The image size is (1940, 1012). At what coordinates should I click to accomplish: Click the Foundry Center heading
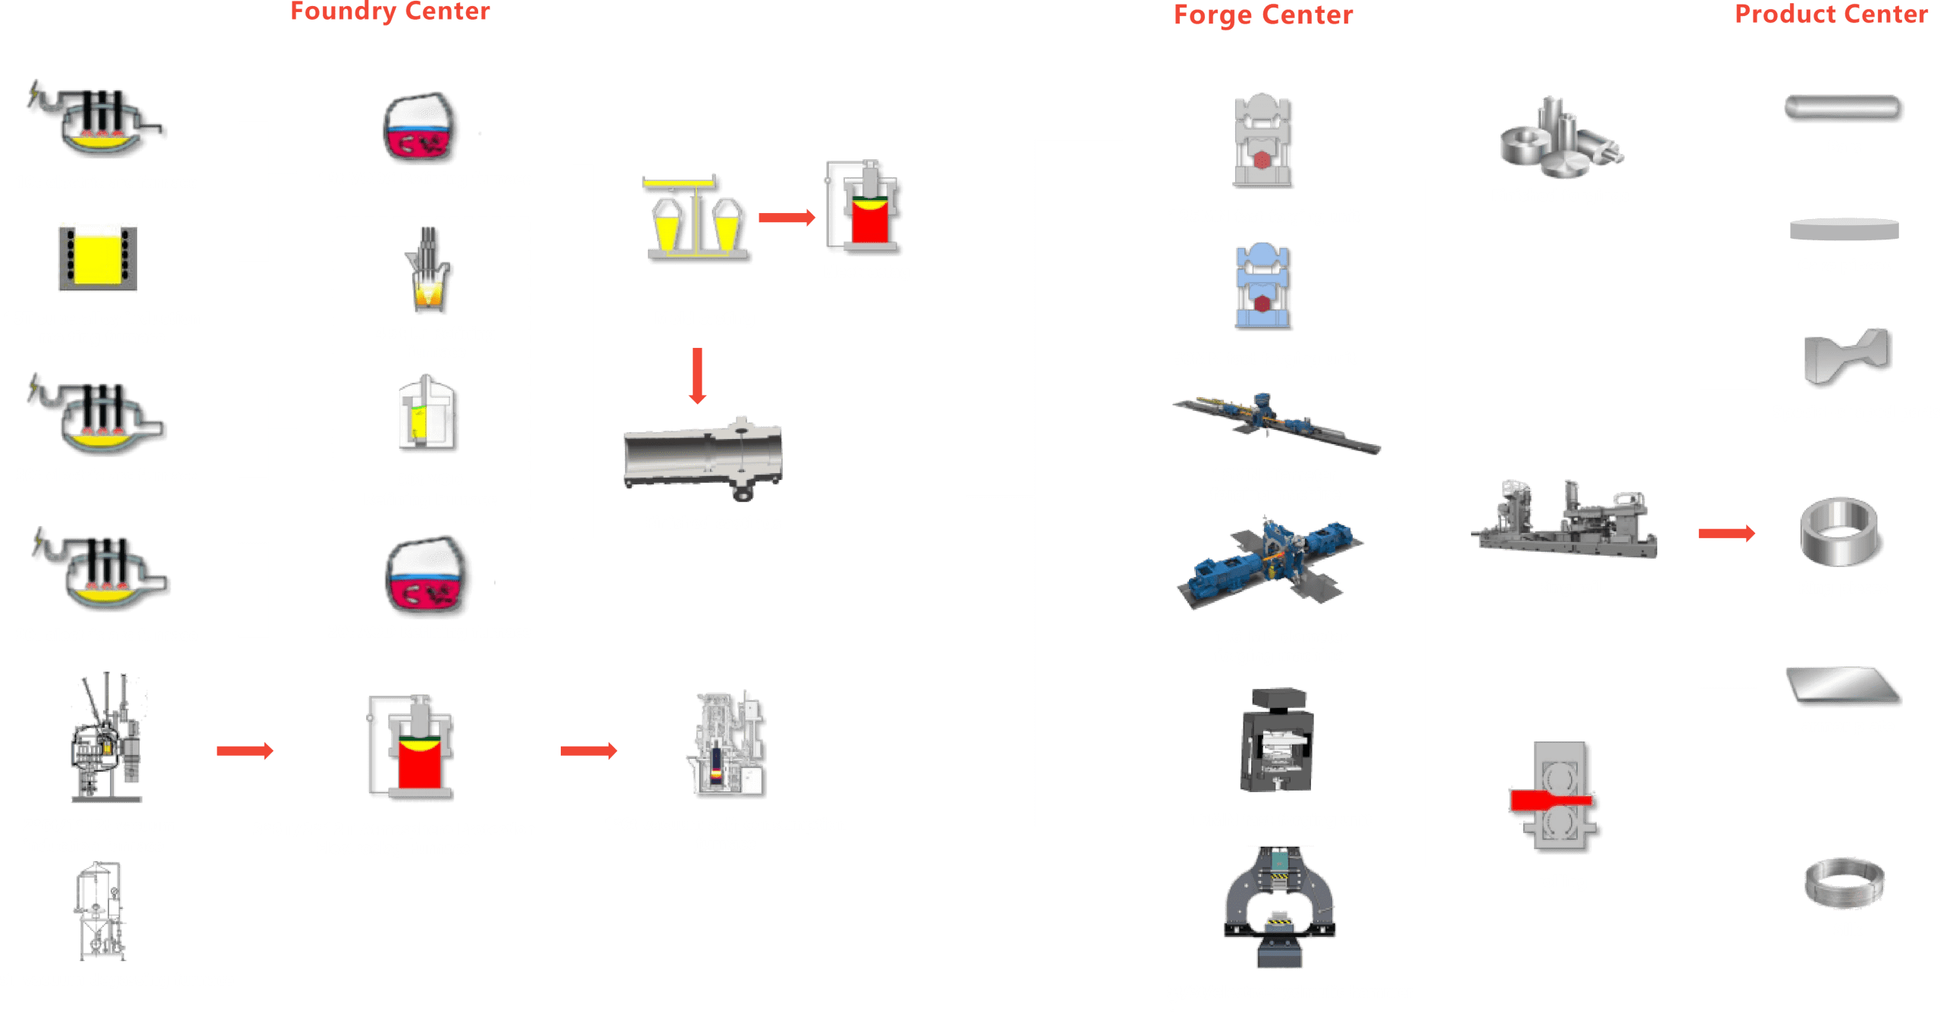(x=390, y=11)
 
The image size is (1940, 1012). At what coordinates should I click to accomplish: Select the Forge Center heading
(x=1263, y=15)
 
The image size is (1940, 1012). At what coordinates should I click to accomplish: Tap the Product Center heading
(x=1831, y=14)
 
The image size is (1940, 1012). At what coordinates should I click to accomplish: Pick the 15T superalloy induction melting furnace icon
(x=98, y=257)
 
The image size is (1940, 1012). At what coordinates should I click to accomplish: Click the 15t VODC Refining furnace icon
(x=421, y=129)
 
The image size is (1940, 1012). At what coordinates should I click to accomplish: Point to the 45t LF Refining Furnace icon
(x=429, y=271)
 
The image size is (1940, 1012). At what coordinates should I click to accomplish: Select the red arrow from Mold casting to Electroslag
(x=787, y=218)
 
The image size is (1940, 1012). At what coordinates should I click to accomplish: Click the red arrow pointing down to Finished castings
(x=698, y=375)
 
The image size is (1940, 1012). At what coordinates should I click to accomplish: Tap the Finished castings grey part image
(x=703, y=457)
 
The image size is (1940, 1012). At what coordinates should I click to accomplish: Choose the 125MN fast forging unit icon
(x=1263, y=142)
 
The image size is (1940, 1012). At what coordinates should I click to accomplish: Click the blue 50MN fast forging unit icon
(x=1263, y=287)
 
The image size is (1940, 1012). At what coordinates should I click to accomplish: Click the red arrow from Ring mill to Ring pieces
(x=1726, y=533)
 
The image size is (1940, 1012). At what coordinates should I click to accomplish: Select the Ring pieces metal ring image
(x=1838, y=532)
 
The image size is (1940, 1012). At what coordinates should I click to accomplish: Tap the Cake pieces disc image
(x=1844, y=229)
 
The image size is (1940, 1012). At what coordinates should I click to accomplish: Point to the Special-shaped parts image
(x=1848, y=356)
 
